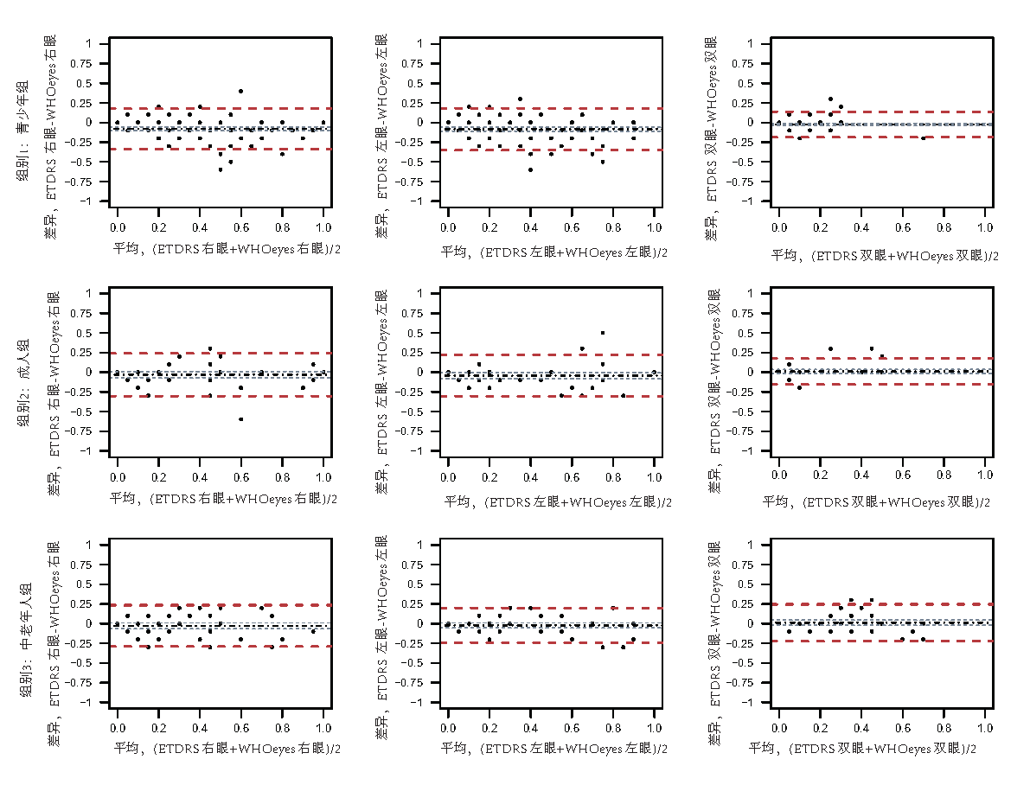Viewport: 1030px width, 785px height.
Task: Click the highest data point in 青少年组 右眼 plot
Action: tap(240, 91)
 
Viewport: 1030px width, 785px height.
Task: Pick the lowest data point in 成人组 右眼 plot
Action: tap(240, 419)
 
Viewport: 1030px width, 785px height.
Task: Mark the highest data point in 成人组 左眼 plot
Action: tap(603, 333)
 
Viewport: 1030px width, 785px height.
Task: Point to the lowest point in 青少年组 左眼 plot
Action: tap(530, 169)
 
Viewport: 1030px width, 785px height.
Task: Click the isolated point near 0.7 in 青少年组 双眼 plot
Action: tap(923, 138)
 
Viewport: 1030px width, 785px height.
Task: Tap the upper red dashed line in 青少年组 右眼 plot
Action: tap(221, 108)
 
